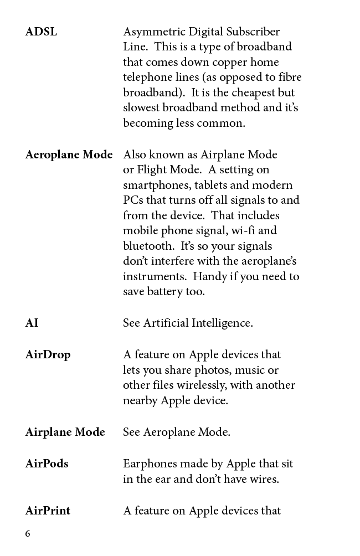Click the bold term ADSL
click(x=41, y=32)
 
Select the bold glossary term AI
click(x=32, y=323)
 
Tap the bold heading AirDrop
click(x=48, y=354)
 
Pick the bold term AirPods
click(x=47, y=464)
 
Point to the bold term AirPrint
click(x=48, y=511)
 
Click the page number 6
click(x=28, y=534)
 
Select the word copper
click(x=228, y=62)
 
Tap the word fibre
click(x=288, y=78)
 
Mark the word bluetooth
click(x=148, y=246)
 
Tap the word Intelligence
click(x=222, y=323)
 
